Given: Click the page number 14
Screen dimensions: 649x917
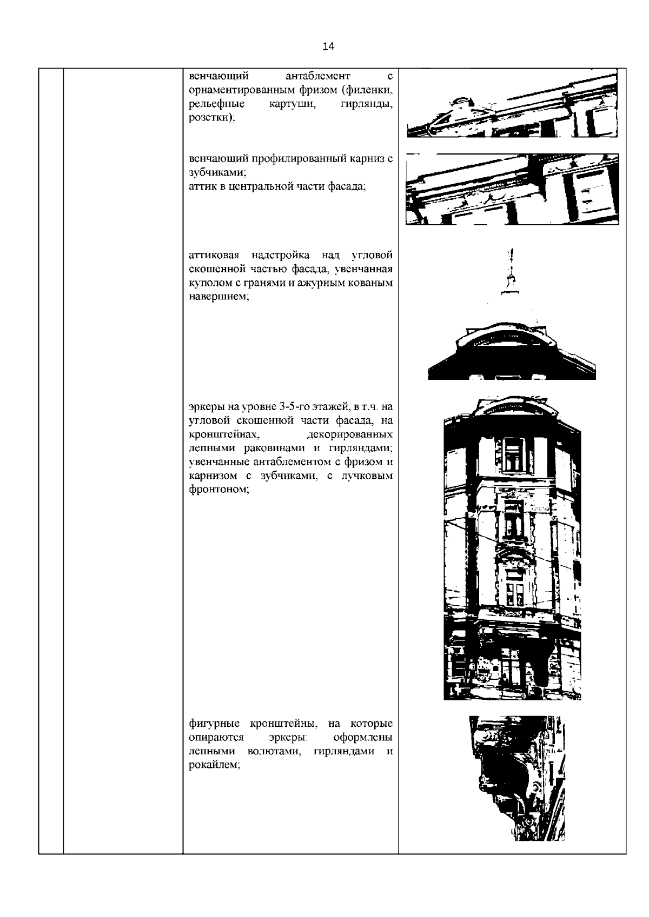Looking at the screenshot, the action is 328,46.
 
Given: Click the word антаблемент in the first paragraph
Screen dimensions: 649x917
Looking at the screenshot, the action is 318,76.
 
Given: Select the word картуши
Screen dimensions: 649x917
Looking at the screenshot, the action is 293,104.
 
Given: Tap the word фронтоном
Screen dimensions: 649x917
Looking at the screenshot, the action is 219,489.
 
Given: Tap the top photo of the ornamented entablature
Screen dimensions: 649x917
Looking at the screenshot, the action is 512,103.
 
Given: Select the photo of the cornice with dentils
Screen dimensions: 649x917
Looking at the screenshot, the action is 512,189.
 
